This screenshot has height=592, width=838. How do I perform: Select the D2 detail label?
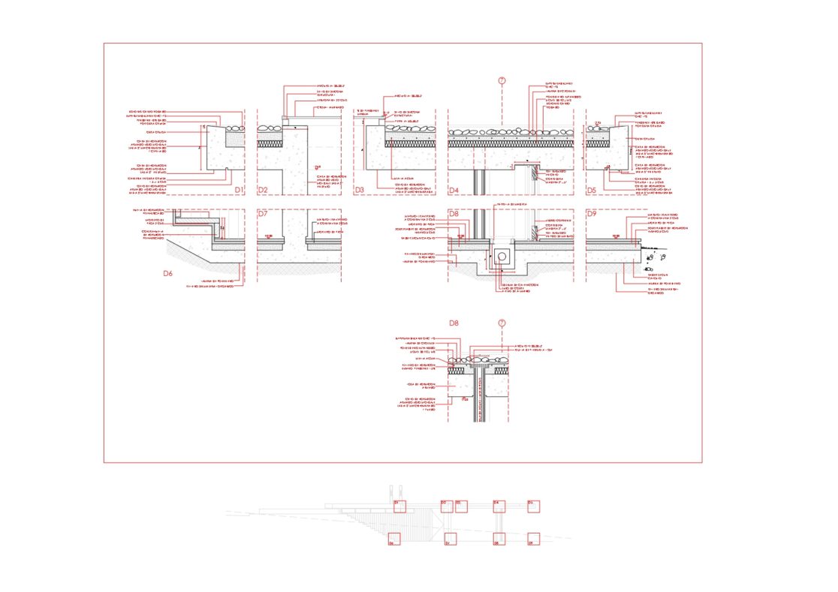(x=263, y=191)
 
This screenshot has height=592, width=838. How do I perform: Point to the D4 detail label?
(x=454, y=191)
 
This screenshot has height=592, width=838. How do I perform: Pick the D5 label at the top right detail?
(x=591, y=191)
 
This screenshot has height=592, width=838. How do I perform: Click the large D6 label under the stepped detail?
(x=168, y=274)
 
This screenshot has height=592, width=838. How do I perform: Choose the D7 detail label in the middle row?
(x=263, y=214)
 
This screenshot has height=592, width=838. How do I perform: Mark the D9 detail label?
(x=591, y=214)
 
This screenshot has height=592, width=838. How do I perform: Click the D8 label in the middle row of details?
(x=454, y=214)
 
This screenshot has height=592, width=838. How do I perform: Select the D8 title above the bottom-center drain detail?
(x=454, y=323)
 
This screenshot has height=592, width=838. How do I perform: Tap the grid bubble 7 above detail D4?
(x=502, y=80)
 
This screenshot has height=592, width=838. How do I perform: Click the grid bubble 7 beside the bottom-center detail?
(x=502, y=323)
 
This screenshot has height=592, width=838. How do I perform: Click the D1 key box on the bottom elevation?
(x=399, y=506)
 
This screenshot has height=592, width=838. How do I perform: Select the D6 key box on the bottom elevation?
(x=394, y=539)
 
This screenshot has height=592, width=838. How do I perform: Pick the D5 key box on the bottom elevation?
(x=534, y=506)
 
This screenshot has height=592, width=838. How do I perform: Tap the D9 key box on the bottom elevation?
(x=534, y=539)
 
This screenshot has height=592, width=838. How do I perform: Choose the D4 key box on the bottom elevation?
(x=499, y=506)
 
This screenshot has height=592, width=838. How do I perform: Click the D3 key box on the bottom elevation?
(x=461, y=506)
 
